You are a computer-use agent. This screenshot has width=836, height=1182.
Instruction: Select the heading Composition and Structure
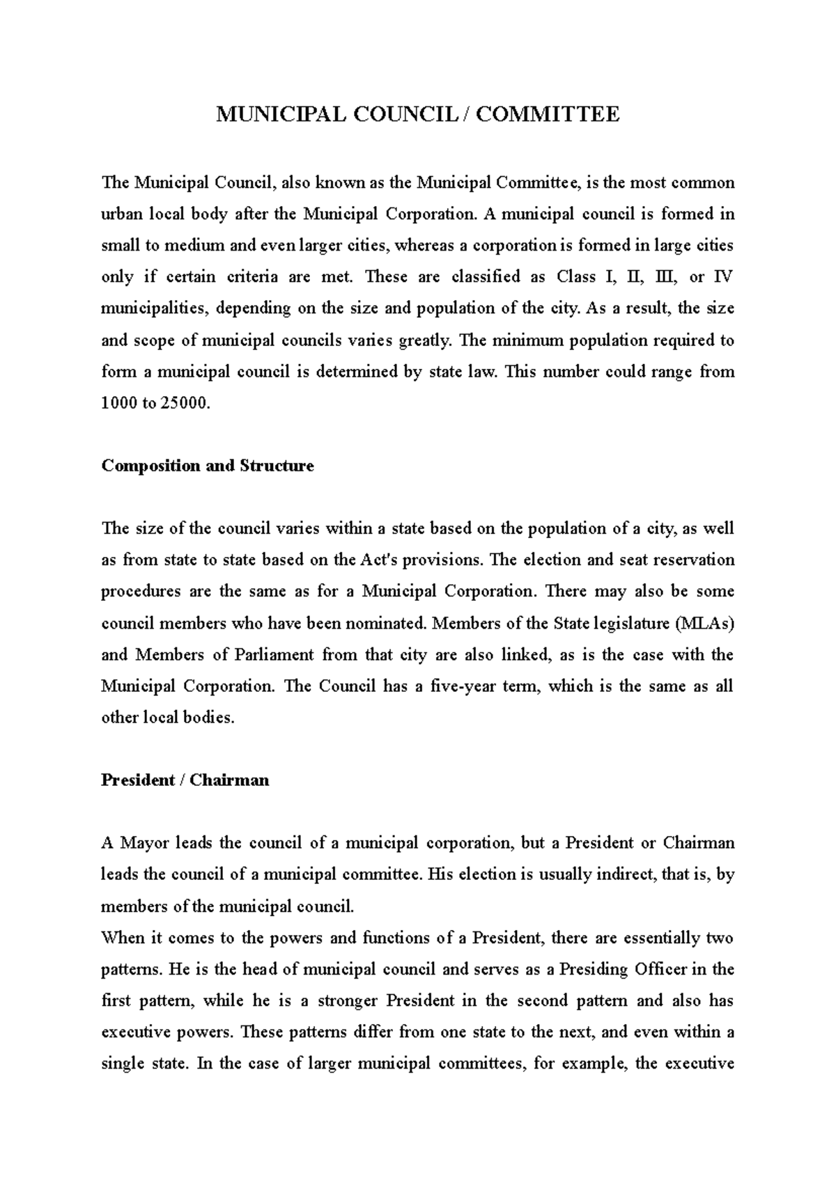click(x=208, y=466)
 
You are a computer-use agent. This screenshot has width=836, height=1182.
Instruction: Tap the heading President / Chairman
click(x=185, y=780)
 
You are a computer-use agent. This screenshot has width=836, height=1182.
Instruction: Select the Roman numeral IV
click(x=725, y=277)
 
